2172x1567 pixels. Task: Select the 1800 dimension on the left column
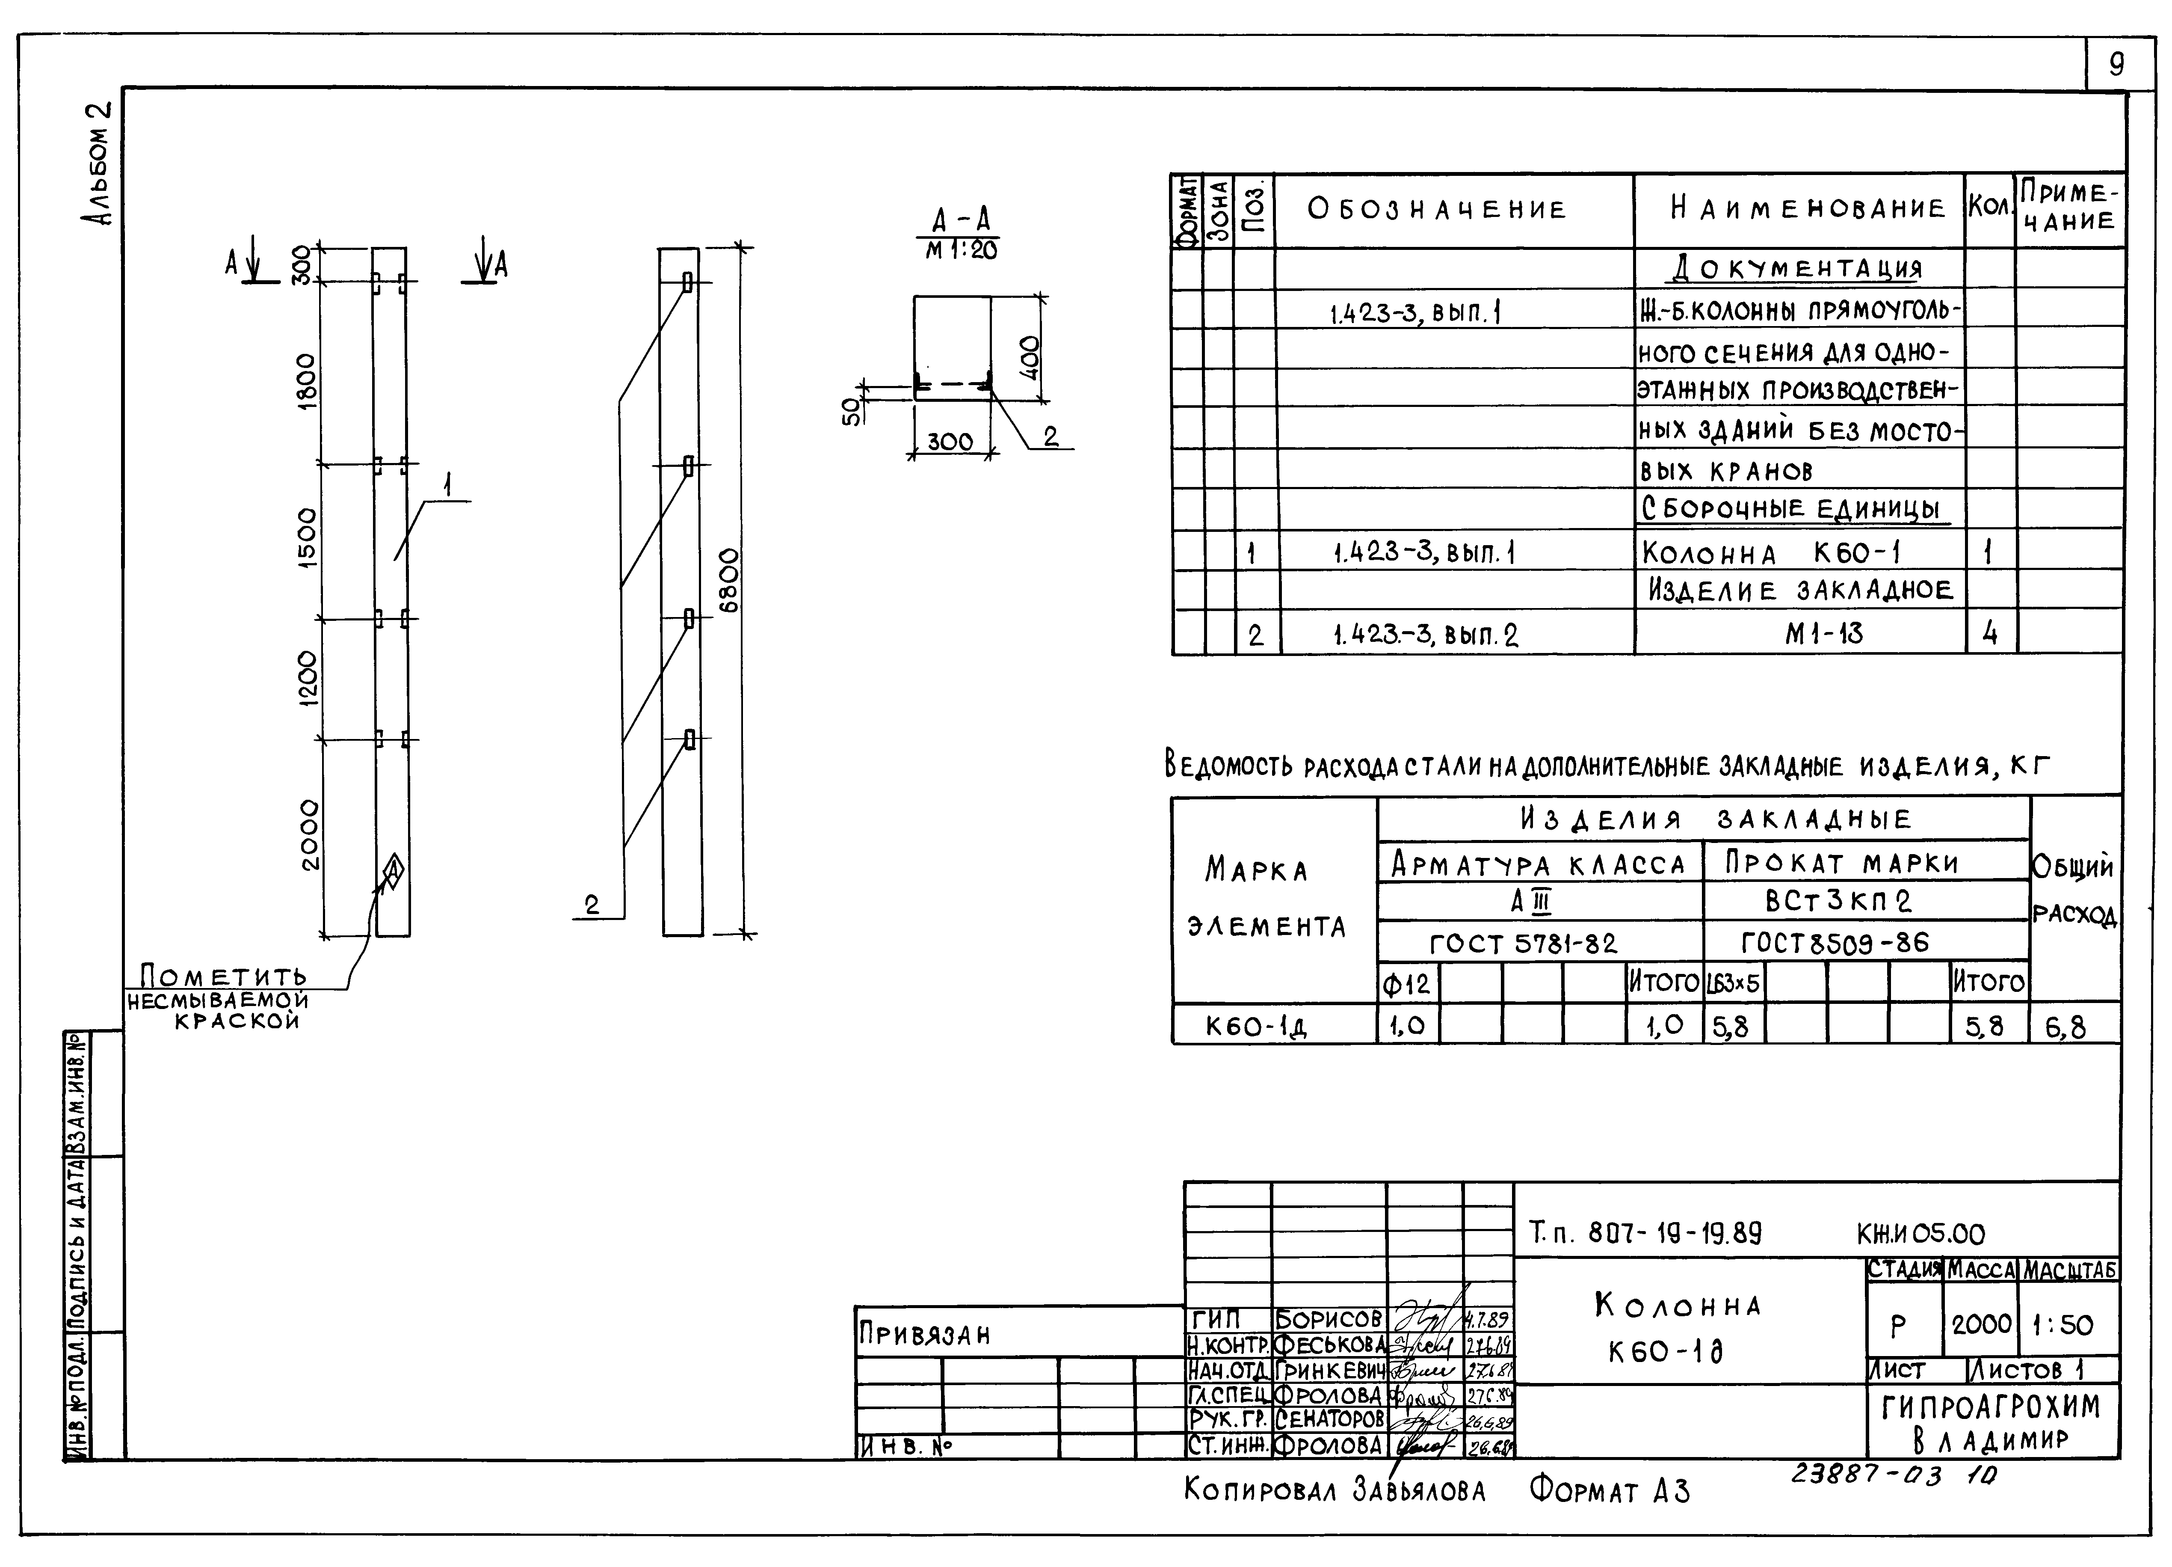pyautogui.click(x=305, y=380)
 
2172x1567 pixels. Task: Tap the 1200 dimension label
pyautogui.click(x=306, y=678)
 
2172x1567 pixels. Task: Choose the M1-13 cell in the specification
pyautogui.click(x=1823, y=633)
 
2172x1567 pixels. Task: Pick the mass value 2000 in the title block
pyautogui.click(x=1981, y=1325)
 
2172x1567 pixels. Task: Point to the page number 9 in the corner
pyautogui.click(x=2116, y=64)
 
